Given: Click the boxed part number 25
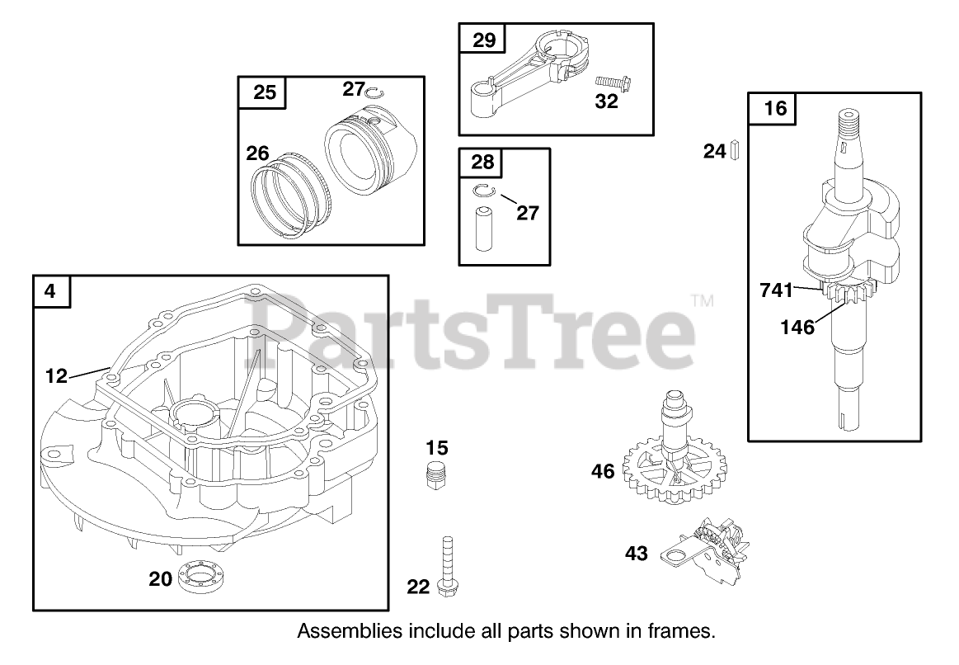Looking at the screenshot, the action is (264, 92).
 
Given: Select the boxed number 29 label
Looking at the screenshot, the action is (483, 40).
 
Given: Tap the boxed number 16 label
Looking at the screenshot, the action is (774, 109).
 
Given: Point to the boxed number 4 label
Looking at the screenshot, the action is (51, 291).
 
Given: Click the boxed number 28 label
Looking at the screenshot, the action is (483, 164).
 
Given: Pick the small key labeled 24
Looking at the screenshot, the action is (734, 151).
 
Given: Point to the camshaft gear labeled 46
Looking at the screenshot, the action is (669, 462).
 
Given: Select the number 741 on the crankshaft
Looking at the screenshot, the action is (775, 290).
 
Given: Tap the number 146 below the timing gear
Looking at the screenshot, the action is (797, 328).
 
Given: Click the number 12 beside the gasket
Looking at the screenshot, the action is (56, 377).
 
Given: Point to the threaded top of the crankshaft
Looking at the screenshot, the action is (847, 124).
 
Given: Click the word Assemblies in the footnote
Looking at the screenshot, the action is (343, 632).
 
